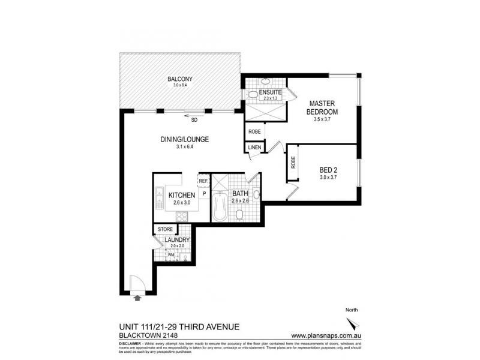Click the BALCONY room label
coord(180,79)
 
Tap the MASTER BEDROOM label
coord(322,107)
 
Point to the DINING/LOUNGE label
coord(184,139)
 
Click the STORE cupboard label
coord(164,229)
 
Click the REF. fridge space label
coord(203,181)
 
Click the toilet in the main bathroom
coord(239,214)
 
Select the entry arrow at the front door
coord(137,296)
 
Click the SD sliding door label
coord(194,119)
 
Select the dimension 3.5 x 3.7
coord(322,119)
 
